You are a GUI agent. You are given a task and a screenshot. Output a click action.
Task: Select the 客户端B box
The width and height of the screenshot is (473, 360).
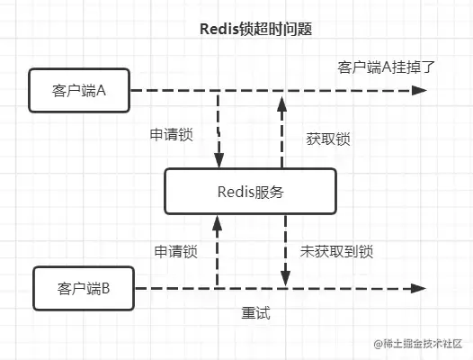[x=83, y=289]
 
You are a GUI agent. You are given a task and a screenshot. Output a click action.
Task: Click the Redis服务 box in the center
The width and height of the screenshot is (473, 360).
[x=250, y=190]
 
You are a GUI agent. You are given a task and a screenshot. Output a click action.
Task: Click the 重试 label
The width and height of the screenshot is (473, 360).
[x=256, y=314]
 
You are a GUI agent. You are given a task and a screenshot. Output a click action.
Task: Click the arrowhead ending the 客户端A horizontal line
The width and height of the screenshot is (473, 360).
[x=418, y=90]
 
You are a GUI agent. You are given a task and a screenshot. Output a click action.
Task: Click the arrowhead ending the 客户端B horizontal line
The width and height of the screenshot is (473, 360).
[x=418, y=289]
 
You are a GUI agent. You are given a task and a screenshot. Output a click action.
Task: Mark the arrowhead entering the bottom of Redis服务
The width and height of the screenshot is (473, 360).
[x=216, y=219]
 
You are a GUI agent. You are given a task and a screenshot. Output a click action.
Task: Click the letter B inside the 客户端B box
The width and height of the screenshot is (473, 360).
[x=106, y=289]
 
